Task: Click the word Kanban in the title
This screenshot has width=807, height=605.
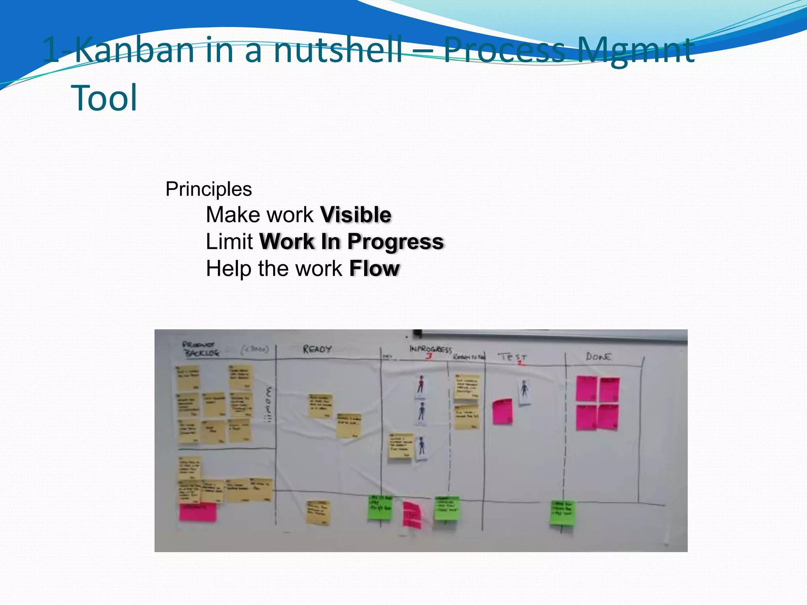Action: (x=134, y=50)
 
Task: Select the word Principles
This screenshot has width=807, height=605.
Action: (x=208, y=189)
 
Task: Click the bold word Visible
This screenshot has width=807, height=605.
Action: (x=356, y=215)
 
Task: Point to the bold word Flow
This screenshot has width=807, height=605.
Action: (x=374, y=269)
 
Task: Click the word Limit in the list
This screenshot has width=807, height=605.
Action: (x=229, y=242)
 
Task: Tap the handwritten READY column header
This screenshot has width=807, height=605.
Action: (x=317, y=349)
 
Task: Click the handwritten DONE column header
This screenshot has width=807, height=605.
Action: (x=599, y=357)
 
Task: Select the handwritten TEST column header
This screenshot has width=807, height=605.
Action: (x=512, y=357)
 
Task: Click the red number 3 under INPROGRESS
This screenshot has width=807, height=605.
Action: (x=429, y=356)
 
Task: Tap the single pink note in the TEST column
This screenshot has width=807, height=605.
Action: (x=502, y=412)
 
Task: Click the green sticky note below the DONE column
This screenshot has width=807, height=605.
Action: (x=562, y=512)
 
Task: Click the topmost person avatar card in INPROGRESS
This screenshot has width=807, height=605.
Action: (x=421, y=385)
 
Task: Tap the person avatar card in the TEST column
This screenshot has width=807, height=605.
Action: (x=524, y=391)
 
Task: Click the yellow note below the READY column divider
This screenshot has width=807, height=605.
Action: (x=318, y=512)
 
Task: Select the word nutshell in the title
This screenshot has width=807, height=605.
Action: (x=338, y=50)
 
